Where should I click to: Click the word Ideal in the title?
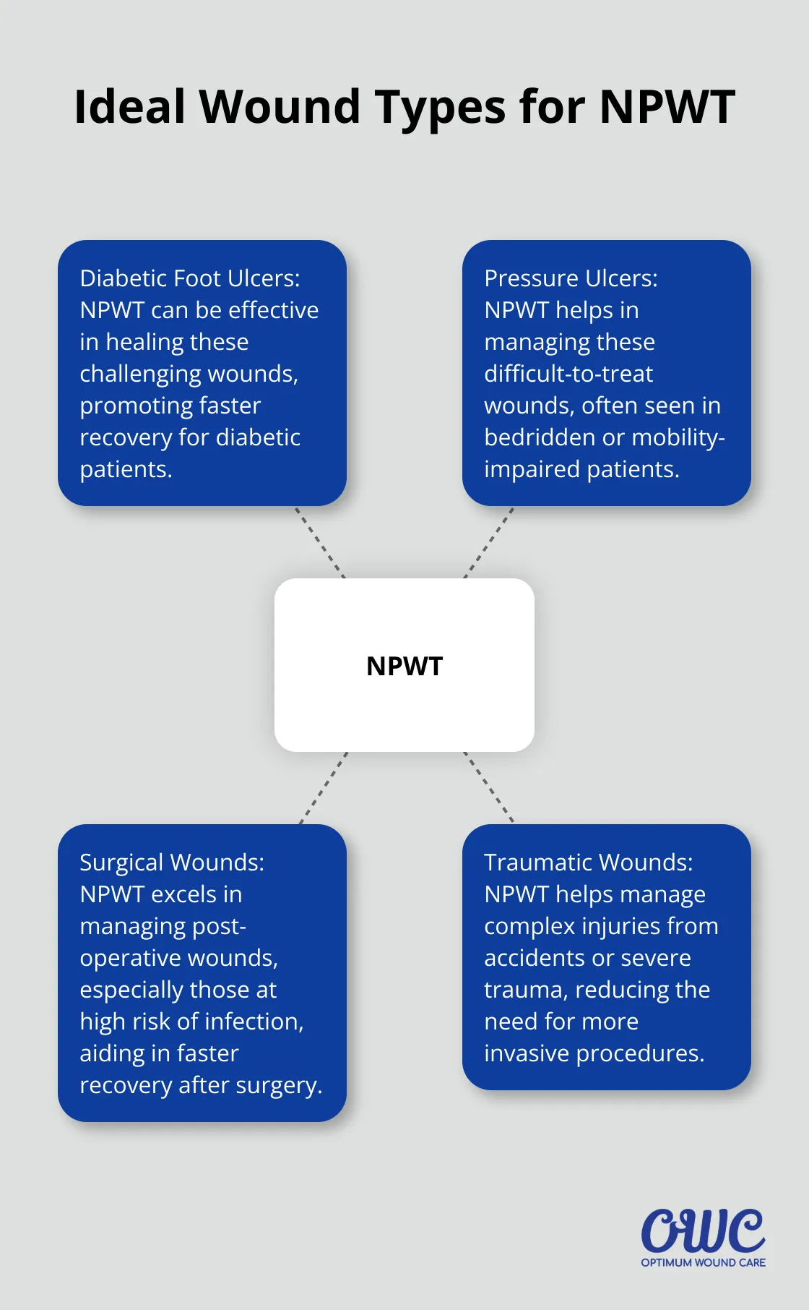tap(130, 107)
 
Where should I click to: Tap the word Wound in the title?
tap(281, 107)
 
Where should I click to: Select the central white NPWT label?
tap(404, 666)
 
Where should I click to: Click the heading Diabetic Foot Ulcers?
tap(190, 278)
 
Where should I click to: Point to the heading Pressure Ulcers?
tap(571, 278)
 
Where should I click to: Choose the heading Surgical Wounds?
tap(172, 862)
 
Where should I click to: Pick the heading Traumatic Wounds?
tap(588, 862)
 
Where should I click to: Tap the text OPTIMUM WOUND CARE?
tap(703, 1262)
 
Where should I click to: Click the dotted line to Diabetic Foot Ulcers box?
tap(320, 542)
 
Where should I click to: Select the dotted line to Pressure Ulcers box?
tap(489, 542)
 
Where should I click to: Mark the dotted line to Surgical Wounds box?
tap(324, 788)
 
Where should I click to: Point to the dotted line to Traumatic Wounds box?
tap(489, 788)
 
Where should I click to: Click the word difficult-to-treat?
tap(568, 374)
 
